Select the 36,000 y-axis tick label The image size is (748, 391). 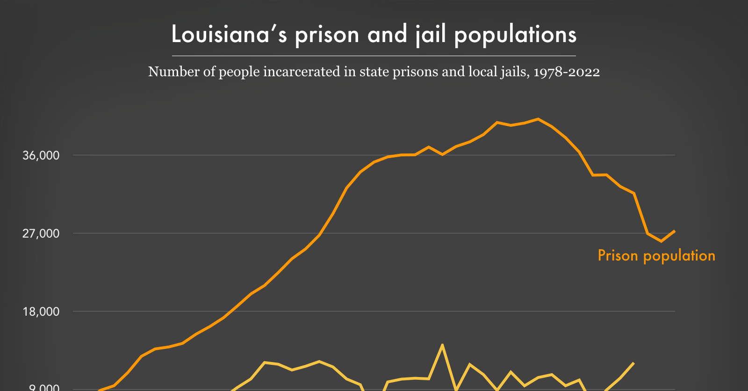pyautogui.click(x=41, y=155)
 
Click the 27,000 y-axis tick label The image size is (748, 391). pyautogui.click(x=41, y=233)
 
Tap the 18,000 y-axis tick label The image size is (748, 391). pyautogui.click(x=41, y=311)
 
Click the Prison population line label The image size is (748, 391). pyautogui.click(x=656, y=255)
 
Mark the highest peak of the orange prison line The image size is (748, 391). pyautogui.click(x=538, y=119)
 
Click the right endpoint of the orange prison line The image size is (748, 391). pyautogui.click(x=674, y=231)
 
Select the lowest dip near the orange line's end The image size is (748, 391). pyautogui.click(x=661, y=241)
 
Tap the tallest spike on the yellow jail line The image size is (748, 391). pyautogui.click(x=442, y=345)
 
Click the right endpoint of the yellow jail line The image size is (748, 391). pyautogui.click(x=633, y=363)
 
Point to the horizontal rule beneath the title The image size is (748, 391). pyautogui.click(x=374, y=56)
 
